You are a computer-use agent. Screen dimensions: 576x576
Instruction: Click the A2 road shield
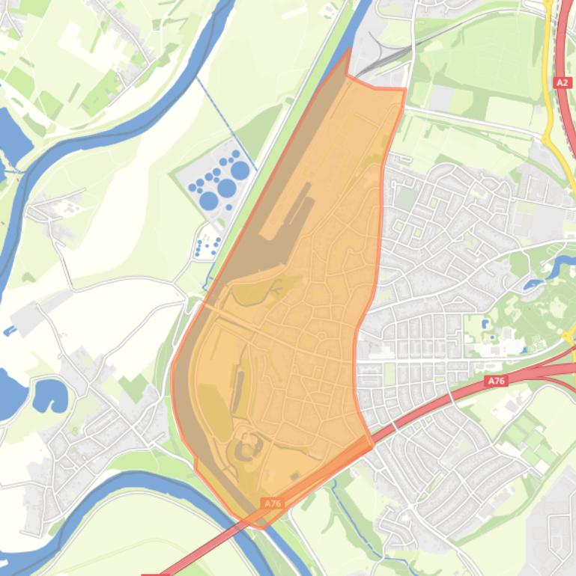tap(563, 82)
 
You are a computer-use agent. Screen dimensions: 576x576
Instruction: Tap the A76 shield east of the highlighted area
tap(496, 381)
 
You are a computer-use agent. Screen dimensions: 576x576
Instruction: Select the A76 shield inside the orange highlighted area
tap(273, 503)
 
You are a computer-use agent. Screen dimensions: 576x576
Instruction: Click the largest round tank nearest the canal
tap(240, 171)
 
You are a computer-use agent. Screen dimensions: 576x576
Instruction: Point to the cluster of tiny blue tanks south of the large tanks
tap(207, 244)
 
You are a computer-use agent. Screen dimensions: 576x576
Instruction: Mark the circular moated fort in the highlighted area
tap(245, 451)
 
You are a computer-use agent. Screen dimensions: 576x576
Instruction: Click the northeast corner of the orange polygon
tap(404, 90)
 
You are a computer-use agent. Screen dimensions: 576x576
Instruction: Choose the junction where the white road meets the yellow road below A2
tap(545, 138)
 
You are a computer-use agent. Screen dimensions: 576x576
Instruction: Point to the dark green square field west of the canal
tap(134, 387)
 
